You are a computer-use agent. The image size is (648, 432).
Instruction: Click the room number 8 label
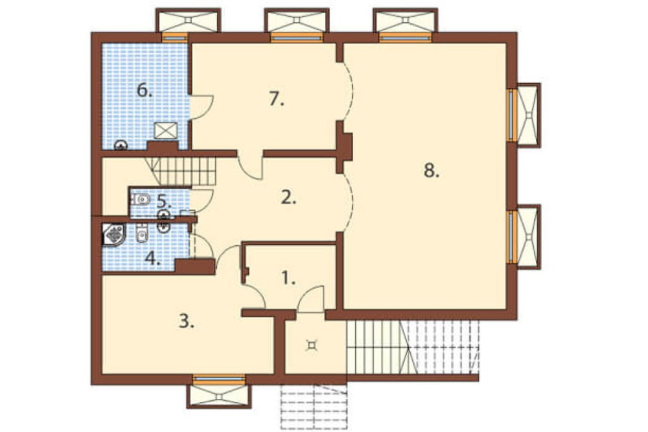click(x=432, y=171)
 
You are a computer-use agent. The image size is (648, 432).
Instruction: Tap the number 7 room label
click(x=277, y=99)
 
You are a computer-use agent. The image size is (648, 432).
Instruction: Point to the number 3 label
click(x=187, y=321)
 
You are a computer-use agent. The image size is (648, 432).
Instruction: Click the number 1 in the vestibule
click(x=288, y=278)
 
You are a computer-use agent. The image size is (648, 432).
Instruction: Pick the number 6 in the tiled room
click(x=145, y=90)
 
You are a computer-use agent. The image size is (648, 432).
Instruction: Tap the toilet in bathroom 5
click(x=141, y=199)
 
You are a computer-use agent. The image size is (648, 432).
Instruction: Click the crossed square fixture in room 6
click(x=166, y=131)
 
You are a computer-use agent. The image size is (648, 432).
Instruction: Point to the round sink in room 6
click(x=121, y=145)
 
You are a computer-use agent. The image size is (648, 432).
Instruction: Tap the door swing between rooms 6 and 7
click(x=202, y=107)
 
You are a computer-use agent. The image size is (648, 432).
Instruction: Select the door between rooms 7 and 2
click(x=250, y=166)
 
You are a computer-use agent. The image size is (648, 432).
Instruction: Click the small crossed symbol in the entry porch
click(x=311, y=344)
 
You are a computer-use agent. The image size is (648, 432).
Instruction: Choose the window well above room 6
click(x=188, y=20)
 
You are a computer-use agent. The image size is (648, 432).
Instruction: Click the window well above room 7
click(x=297, y=20)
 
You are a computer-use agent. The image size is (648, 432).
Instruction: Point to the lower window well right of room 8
click(x=529, y=237)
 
